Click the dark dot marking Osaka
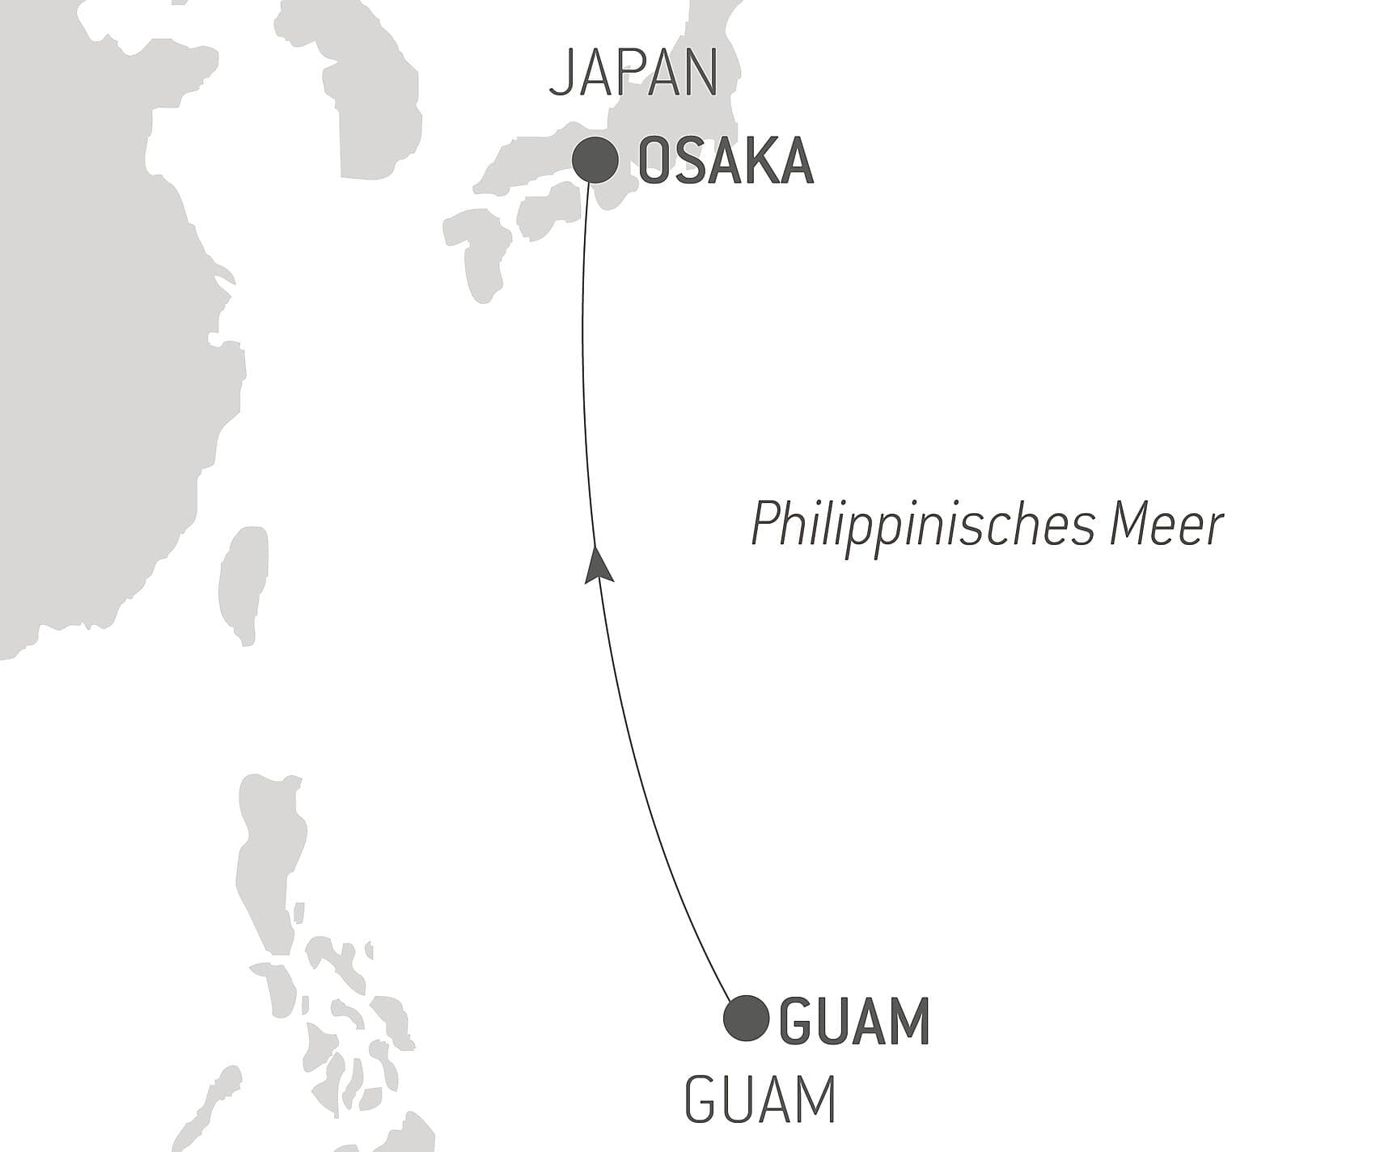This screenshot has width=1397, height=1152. click(595, 161)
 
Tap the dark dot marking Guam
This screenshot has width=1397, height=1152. click(746, 1018)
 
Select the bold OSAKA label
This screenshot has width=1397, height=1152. click(726, 162)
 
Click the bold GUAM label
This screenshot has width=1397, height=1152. click(854, 1020)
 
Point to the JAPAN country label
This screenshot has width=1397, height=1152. click(633, 73)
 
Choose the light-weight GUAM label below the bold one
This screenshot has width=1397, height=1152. click(760, 1100)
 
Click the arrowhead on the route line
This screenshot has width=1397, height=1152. click(598, 564)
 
